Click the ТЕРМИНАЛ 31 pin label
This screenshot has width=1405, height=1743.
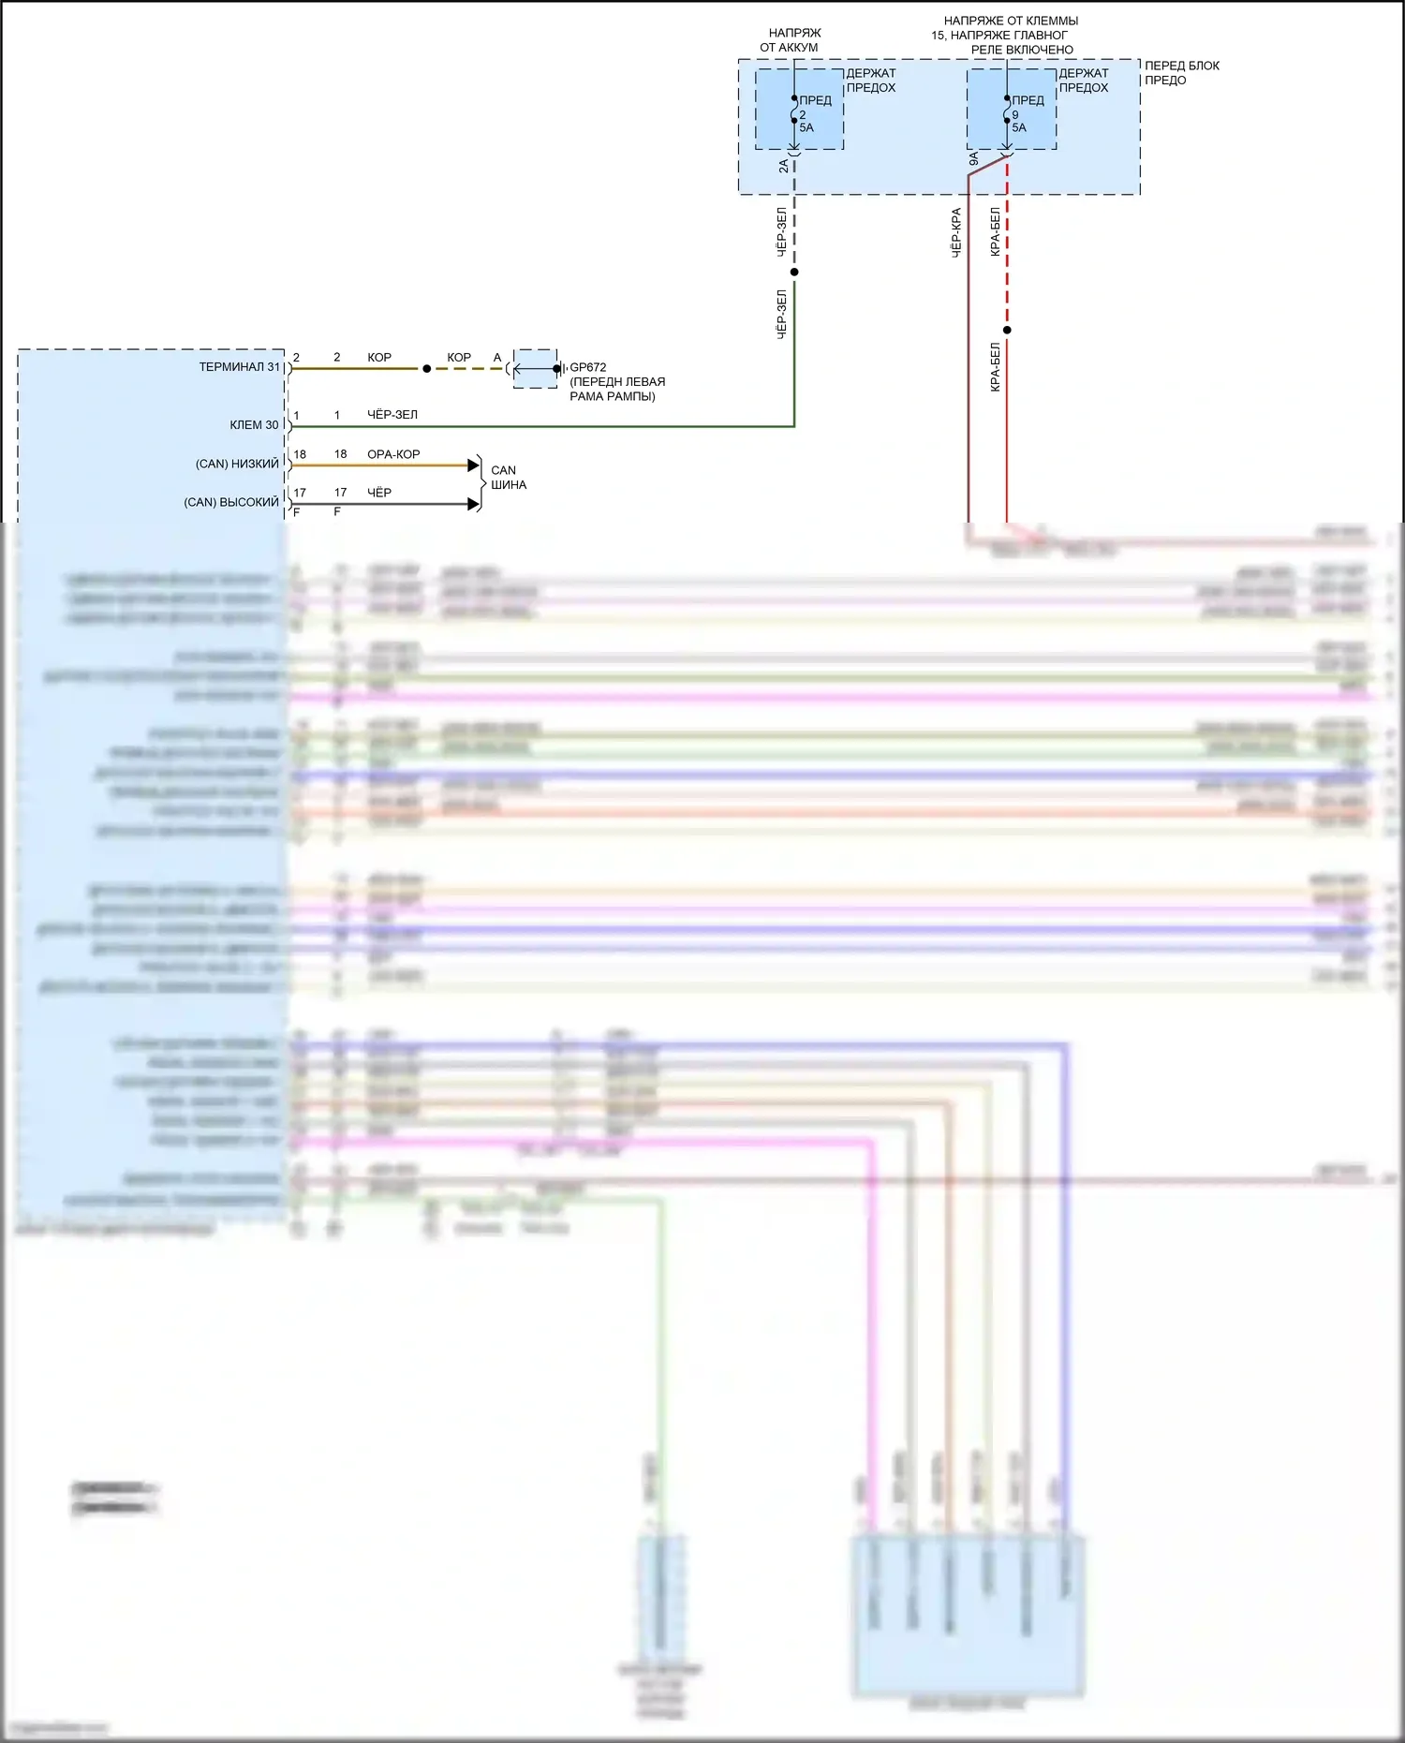click(x=239, y=367)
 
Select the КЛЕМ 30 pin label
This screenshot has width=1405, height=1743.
click(x=254, y=425)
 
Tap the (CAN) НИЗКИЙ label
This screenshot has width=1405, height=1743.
click(x=237, y=465)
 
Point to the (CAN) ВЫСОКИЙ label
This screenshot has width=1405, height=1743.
click(x=231, y=503)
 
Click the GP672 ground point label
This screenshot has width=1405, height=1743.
click(x=587, y=367)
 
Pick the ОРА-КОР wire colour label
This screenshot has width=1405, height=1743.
click(x=393, y=454)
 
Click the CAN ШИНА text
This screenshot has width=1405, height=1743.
click(x=508, y=478)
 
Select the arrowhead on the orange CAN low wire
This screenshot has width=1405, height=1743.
click(x=474, y=465)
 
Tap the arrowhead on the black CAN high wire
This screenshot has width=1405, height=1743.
click(x=474, y=504)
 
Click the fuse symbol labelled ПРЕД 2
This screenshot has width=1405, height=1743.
click(x=794, y=110)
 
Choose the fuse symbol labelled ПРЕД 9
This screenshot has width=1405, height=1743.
click(x=1007, y=110)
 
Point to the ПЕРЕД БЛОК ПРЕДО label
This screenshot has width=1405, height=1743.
click(x=1181, y=73)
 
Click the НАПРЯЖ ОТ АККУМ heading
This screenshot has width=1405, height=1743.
click(x=791, y=40)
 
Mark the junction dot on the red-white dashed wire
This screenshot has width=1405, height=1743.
click(x=1007, y=330)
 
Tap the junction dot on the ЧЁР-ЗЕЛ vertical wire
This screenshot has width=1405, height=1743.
click(x=794, y=273)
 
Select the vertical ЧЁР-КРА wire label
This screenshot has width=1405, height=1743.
click(x=956, y=232)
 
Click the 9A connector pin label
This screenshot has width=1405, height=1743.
click(x=973, y=160)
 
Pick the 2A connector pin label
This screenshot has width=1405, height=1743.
click(x=783, y=166)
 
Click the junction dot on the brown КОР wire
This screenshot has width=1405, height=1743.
click(x=427, y=369)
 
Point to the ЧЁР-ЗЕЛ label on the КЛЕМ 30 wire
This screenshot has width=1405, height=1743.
click(x=392, y=415)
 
